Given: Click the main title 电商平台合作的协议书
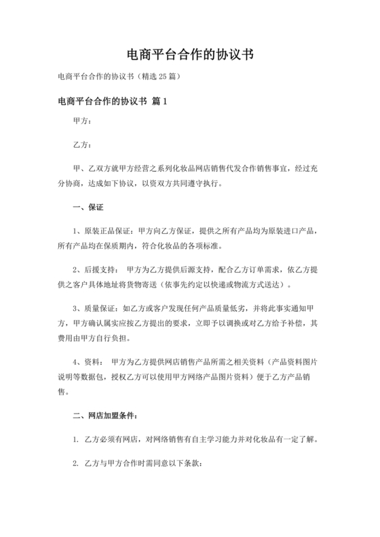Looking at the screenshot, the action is coord(190,54).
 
